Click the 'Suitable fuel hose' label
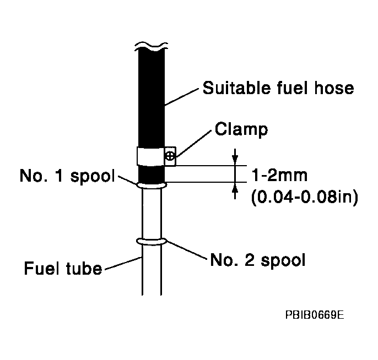278,88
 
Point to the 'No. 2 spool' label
257,259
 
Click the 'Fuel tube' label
63,269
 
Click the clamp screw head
171,156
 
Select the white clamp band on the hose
150,156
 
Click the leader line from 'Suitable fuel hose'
182,96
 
